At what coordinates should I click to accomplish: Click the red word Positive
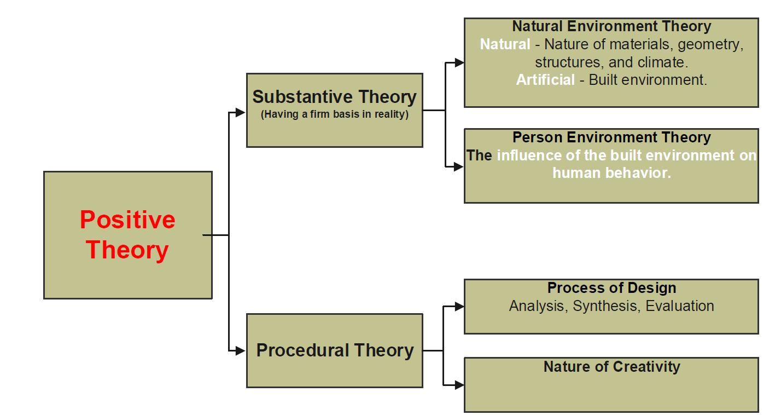tap(127, 220)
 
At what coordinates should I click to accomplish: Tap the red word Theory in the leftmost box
tap(127, 250)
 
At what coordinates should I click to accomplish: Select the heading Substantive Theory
tap(334, 97)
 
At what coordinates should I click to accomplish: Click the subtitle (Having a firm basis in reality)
tap(335, 114)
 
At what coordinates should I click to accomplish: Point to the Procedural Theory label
tap(335, 350)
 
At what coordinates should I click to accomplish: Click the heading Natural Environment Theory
tap(611, 26)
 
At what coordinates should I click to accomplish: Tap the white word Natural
tap(505, 44)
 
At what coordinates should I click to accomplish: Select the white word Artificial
tap(545, 80)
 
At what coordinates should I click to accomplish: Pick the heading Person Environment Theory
tap(611, 137)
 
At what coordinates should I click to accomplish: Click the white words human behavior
tap(611, 173)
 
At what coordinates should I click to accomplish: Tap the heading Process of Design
tap(611, 288)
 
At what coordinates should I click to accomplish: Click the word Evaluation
tap(679, 306)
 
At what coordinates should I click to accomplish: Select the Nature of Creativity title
tap(611, 366)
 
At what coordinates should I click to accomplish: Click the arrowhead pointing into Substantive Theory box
tap(241, 112)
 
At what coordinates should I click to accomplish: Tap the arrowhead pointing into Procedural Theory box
tap(241, 350)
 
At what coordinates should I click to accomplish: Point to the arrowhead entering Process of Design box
tap(459, 306)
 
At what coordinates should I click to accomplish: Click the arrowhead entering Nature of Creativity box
tap(459, 384)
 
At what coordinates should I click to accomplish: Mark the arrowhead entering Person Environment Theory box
tap(458, 166)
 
